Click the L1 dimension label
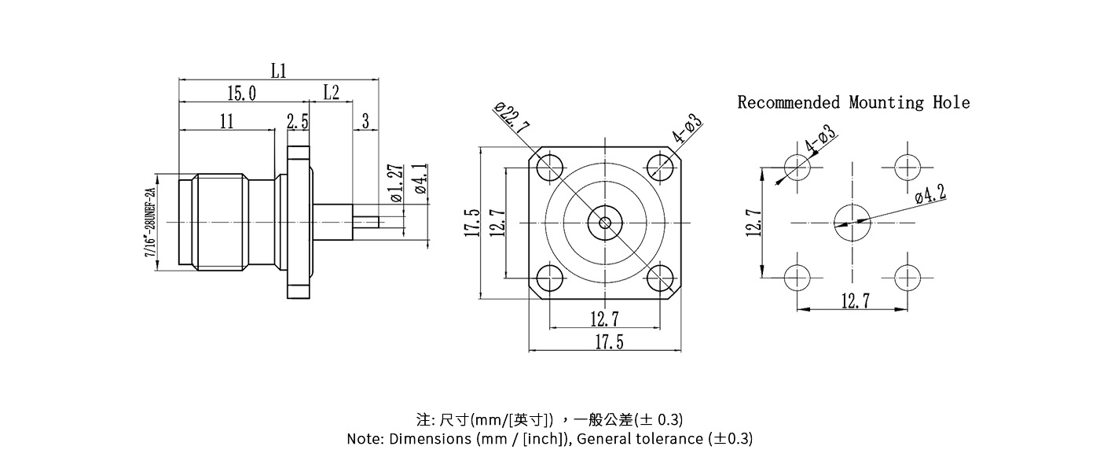(278, 71)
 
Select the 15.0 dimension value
(241, 94)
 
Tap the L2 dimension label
(331, 93)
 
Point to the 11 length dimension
(227, 121)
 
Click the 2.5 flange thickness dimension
(298, 121)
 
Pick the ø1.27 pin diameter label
(396, 183)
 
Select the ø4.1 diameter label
(420, 179)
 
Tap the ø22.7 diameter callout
(512, 118)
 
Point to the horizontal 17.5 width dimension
(609, 342)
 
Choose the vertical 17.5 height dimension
(472, 223)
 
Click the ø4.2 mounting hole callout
(930, 194)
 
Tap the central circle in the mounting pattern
(852, 223)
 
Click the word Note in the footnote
(365, 439)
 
